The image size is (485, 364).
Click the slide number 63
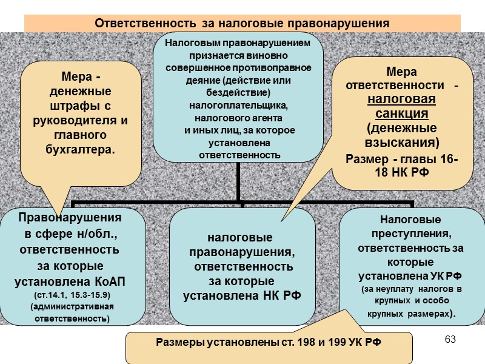click(x=450, y=339)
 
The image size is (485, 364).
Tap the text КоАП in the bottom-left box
click(x=116, y=282)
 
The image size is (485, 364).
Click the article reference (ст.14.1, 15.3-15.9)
click(x=72, y=295)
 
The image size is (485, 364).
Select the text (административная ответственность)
click(x=72, y=312)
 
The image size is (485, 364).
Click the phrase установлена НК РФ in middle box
click(x=242, y=295)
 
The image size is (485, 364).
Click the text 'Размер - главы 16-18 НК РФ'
click(x=402, y=165)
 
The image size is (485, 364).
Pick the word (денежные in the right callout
click(x=402, y=129)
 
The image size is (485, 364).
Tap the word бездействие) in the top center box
click(x=239, y=91)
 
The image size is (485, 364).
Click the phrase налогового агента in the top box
click(x=239, y=118)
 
